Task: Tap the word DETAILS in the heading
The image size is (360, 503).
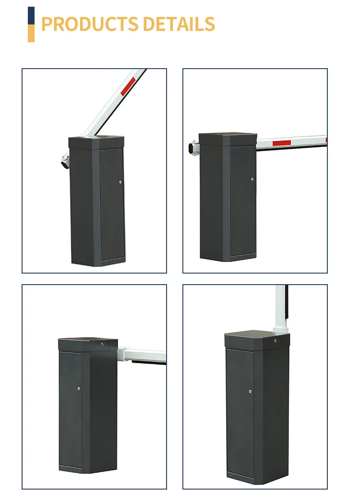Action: (179, 24)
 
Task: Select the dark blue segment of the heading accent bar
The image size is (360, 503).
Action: (31, 15)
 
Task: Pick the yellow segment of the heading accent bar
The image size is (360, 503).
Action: (31, 33)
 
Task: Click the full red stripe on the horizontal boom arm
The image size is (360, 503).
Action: (288, 143)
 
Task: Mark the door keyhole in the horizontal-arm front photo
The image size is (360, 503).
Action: (252, 179)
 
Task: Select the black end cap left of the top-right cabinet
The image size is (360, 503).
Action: (193, 148)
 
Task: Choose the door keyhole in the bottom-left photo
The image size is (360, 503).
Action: (79, 388)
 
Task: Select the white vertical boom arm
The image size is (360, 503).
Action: (280, 305)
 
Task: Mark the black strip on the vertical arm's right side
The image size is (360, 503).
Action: (287, 302)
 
